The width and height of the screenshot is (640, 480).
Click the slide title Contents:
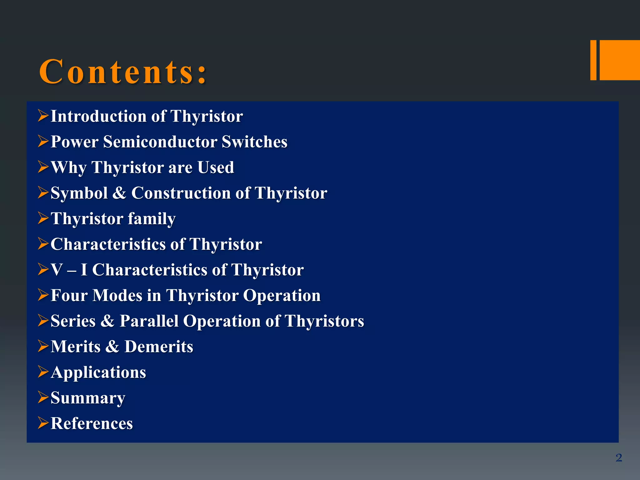point(123,72)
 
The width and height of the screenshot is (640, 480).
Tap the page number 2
point(618,458)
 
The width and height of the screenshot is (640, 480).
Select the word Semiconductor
point(160,142)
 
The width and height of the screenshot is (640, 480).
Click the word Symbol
point(79,193)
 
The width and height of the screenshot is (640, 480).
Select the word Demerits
point(159,347)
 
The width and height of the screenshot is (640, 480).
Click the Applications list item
point(98,372)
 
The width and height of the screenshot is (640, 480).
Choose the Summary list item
point(88,398)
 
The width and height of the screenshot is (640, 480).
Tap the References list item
point(92,423)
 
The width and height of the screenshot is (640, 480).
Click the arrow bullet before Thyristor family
point(43,218)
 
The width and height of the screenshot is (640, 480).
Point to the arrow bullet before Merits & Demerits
point(43,346)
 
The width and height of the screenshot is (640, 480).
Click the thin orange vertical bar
point(593,60)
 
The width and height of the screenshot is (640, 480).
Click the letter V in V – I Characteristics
point(57,270)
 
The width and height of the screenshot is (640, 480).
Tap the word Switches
point(254,142)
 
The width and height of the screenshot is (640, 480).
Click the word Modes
point(117,295)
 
